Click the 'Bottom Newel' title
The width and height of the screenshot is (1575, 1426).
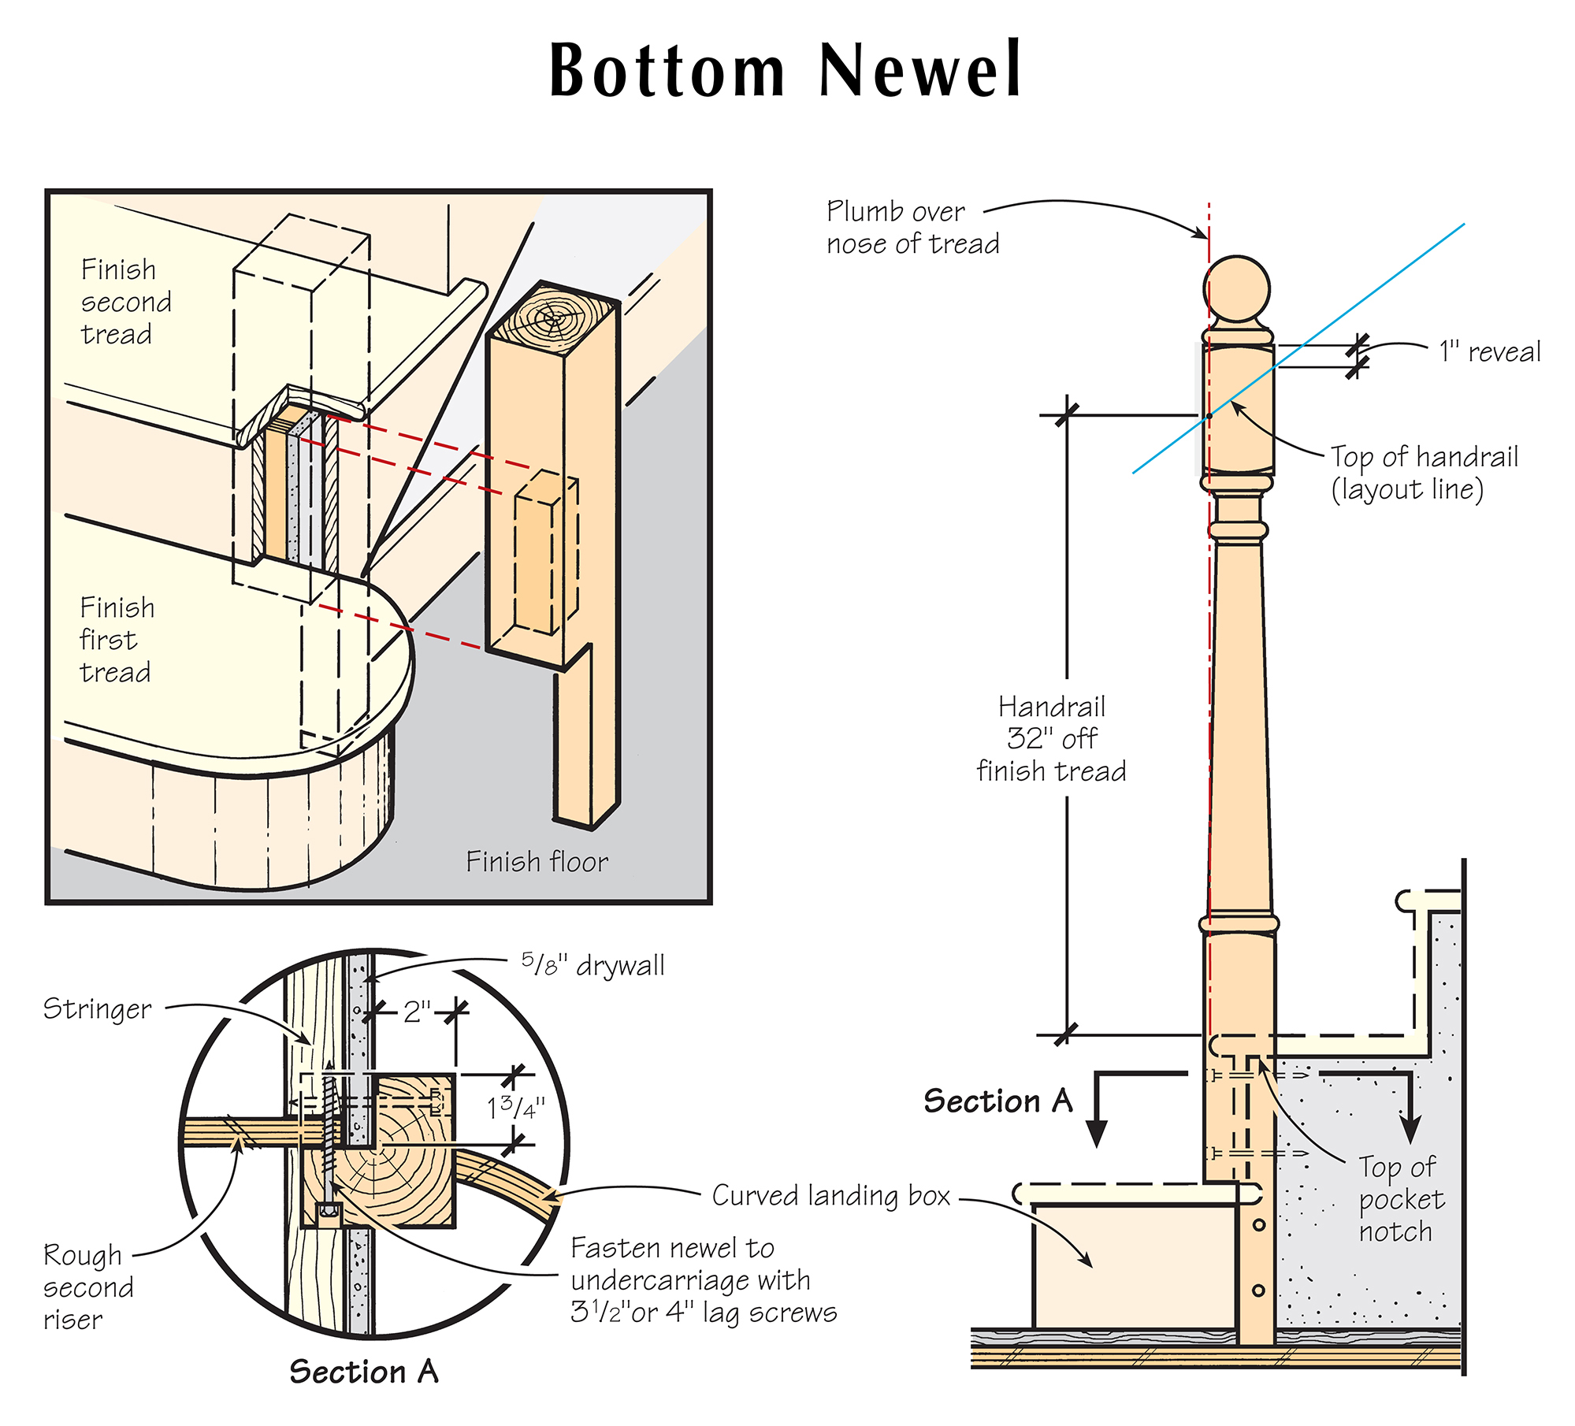(x=785, y=70)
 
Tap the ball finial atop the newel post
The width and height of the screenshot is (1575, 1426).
(x=1237, y=289)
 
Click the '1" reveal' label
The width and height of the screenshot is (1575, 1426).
(x=1489, y=351)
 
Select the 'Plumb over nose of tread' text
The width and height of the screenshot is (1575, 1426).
(x=912, y=228)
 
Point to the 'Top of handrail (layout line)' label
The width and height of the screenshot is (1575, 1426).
(x=1423, y=473)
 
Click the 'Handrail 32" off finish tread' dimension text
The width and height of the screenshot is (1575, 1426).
(x=1051, y=738)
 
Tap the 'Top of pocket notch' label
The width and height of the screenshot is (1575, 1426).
(x=1401, y=1199)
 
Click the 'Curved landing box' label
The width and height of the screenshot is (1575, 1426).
(x=830, y=1196)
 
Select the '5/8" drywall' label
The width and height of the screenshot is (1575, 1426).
(x=593, y=965)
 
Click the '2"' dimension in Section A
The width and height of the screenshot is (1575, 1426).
(x=417, y=1012)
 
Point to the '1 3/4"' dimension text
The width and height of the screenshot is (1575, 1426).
(x=515, y=1108)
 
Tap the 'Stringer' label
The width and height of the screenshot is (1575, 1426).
(x=97, y=1009)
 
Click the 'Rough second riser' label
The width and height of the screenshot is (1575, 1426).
(x=87, y=1287)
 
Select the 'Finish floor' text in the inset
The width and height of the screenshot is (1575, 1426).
(x=537, y=862)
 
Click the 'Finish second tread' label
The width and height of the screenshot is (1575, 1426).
(x=124, y=302)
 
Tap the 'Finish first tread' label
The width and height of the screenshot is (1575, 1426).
(x=116, y=640)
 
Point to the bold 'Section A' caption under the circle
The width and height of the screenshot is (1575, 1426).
(x=363, y=1372)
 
